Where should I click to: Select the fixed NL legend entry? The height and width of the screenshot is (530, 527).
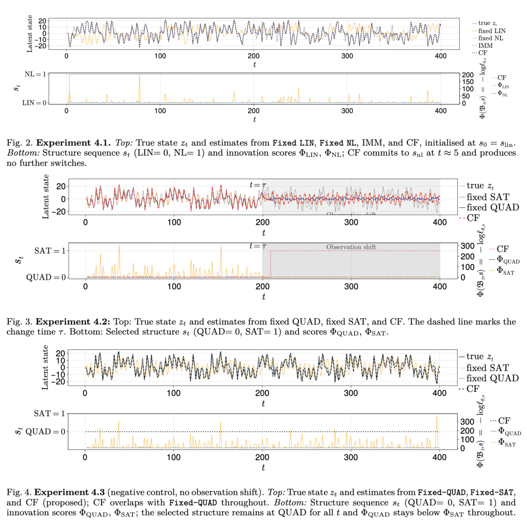(488, 38)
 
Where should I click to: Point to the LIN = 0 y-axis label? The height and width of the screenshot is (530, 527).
(34, 103)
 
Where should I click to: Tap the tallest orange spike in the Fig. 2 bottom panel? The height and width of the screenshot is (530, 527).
(140, 76)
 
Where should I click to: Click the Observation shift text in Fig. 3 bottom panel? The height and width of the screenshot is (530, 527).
(351, 247)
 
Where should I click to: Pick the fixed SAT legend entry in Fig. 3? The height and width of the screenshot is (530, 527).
(488, 197)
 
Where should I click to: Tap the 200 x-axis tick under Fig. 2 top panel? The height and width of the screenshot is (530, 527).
(253, 56)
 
